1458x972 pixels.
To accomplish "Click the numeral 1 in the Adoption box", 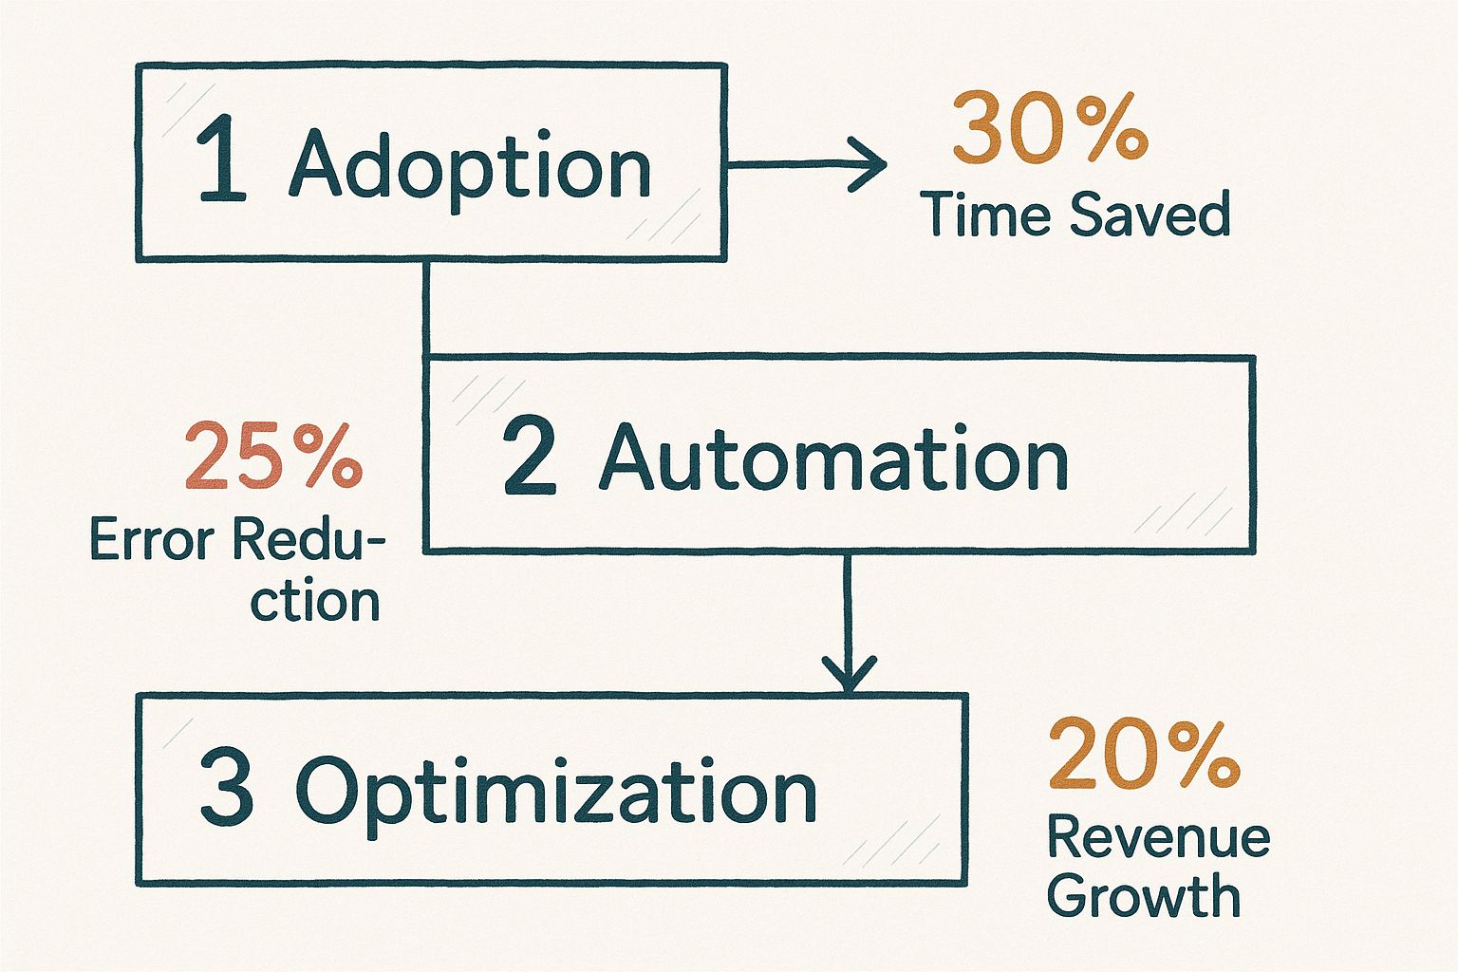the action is (x=222, y=158).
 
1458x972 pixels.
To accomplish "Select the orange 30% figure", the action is (x=1050, y=127).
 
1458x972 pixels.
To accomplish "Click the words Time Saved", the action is (x=1075, y=213).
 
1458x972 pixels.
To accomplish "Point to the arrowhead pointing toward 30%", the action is (x=869, y=164).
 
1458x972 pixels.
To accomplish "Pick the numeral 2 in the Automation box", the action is (x=529, y=458).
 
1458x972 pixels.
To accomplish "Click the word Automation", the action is (x=833, y=457).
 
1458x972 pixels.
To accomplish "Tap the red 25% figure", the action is (x=273, y=455).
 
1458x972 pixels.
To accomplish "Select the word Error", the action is (x=152, y=540).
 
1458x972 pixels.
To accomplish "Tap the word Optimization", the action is (x=556, y=795).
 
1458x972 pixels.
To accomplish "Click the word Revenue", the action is (x=1159, y=838).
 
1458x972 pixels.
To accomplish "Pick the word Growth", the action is (x=1144, y=896).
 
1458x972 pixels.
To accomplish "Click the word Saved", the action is (x=1150, y=214).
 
